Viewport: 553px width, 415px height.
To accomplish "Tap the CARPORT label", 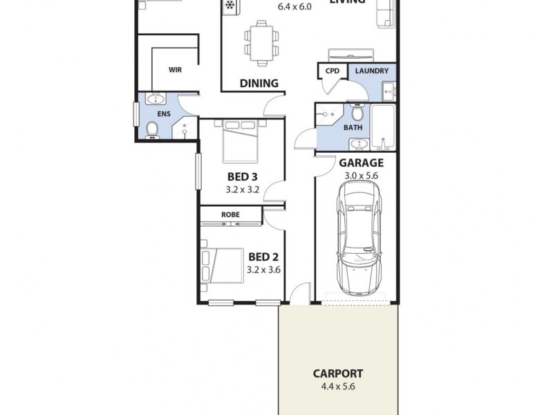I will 337,373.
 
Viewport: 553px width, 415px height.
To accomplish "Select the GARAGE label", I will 361,163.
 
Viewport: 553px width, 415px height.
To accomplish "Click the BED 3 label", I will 243,176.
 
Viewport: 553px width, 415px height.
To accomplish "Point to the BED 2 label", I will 263,257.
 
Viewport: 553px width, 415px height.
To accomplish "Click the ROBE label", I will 230,215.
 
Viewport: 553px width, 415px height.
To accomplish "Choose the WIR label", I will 175,70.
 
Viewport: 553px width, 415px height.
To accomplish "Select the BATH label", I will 353,128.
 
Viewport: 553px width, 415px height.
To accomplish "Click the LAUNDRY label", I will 371,71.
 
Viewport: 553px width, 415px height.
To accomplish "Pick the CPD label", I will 332,71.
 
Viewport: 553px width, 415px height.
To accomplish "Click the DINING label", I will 259,84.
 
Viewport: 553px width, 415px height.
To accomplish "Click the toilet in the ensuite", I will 151,129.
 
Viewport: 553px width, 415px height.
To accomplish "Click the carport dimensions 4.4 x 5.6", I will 337,387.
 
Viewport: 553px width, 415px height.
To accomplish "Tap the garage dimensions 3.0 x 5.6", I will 361,176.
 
